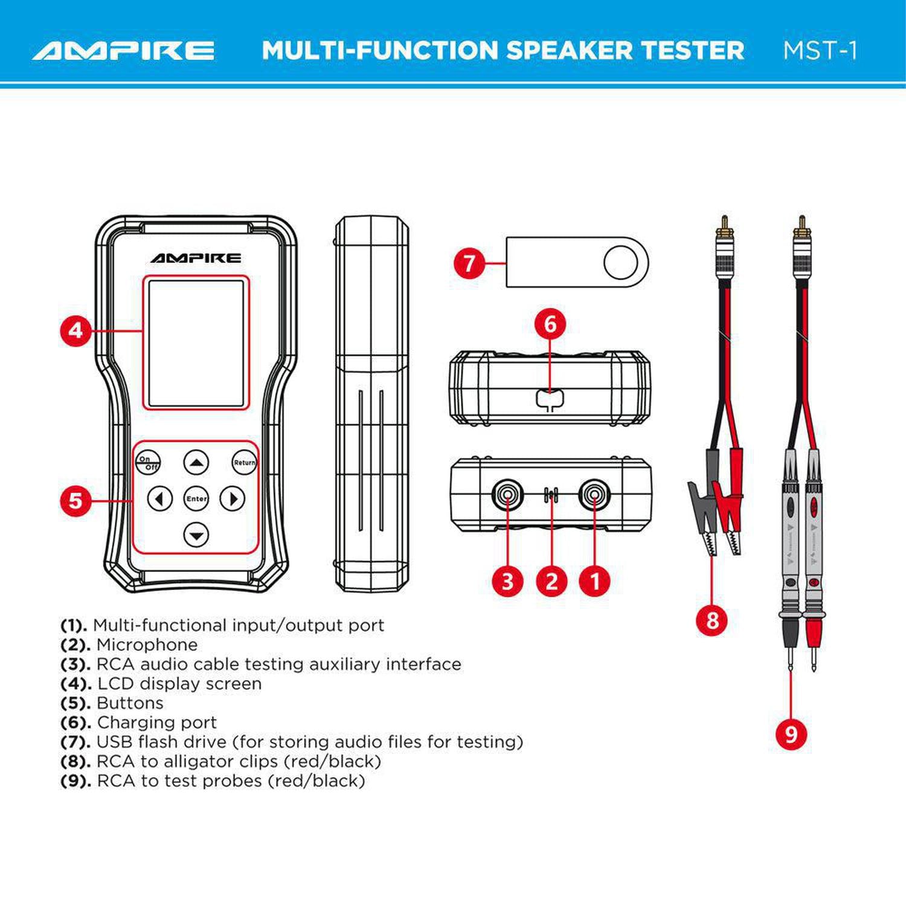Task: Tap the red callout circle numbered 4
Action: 75,330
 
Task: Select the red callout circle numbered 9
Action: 791,734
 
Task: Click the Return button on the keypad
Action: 244,463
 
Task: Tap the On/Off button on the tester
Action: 147,463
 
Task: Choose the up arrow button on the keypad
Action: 196,463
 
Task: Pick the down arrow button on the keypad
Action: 196,535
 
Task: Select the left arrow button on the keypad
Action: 160,499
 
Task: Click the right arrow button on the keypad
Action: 233,499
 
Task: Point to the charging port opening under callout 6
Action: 550,399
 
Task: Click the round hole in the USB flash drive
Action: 620,263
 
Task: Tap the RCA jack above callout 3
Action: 507,495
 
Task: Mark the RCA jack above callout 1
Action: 595,495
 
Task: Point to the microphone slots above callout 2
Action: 551,495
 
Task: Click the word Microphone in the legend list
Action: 147,645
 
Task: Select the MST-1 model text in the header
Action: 820,51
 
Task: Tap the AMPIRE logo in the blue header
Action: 124,51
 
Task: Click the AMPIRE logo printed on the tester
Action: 196,258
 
